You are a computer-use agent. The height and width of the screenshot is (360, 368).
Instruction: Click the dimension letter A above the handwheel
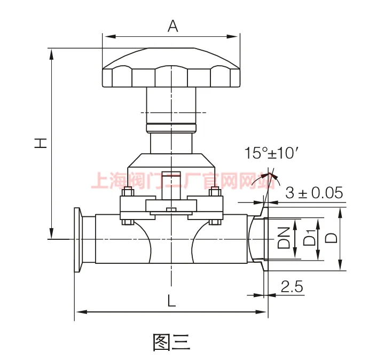(x=173, y=26)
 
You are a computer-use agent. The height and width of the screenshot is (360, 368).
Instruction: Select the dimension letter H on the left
(x=41, y=143)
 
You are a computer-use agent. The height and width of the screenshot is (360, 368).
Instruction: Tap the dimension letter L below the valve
(x=172, y=301)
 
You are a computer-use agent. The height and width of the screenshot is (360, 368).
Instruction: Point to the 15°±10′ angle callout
(x=272, y=153)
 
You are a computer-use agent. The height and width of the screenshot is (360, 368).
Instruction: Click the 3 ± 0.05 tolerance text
(x=314, y=193)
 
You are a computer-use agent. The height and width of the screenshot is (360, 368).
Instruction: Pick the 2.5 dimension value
(x=292, y=286)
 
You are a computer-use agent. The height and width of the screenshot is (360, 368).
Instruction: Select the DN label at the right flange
(x=284, y=238)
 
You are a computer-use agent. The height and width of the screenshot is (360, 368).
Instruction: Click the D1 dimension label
(x=310, y=238)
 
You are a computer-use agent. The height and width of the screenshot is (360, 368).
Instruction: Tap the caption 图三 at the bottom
(x=171, y=342)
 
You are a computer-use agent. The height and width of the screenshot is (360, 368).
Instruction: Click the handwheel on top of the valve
(x=171, y=68)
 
